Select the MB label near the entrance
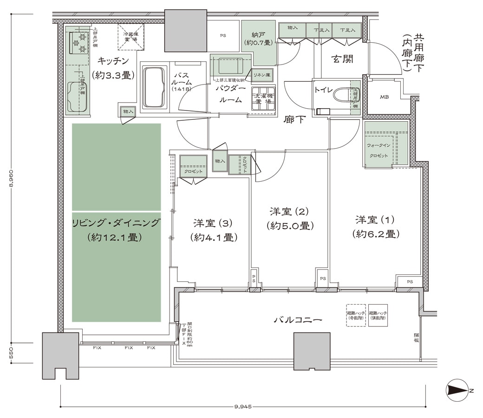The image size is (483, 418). (x=384, y=97)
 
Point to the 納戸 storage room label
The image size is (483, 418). (x=258, y=39)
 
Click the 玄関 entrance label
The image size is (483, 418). (x=342, y=59)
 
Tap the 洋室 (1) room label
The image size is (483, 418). (x=376, y=226)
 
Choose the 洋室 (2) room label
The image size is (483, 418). (x=290, y=218)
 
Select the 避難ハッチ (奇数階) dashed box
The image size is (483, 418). (x=355, y=316)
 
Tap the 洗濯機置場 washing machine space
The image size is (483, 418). (x=263, y=98)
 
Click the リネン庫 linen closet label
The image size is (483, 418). (x=262, y=74)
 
